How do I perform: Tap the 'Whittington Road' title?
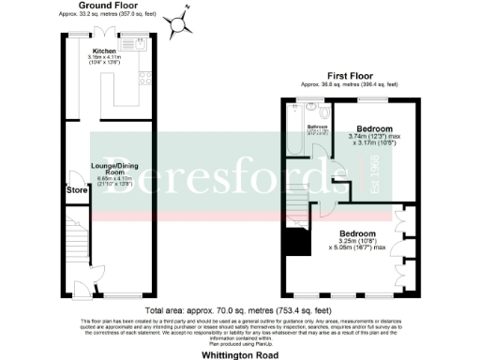click(x=239, y=355)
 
